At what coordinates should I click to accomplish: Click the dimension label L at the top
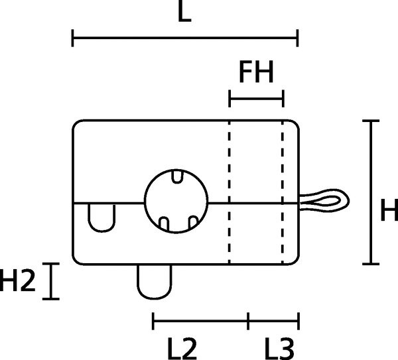click(184, 11)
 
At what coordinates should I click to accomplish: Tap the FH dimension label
click(256, 72)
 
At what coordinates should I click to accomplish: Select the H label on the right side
click(389, 210)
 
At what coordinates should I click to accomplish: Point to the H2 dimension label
click(17, 280)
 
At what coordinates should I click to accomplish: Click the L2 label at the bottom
click(182, 349)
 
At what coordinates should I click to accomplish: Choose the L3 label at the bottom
click(279, 349)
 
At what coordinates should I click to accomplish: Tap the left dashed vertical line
click(230, 192)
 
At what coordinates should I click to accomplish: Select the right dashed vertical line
click(283, 192)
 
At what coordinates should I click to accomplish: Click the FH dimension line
click(256, 98)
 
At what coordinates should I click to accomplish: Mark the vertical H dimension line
click(371, 192)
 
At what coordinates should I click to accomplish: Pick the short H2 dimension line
click(51, 281)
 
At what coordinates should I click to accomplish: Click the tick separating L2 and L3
click(248, 321)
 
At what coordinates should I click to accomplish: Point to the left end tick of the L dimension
click(72, 38)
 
